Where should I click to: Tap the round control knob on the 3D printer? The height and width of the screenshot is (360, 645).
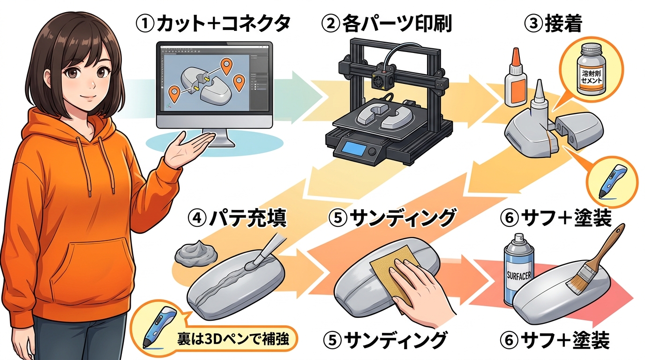coord(372,152)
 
